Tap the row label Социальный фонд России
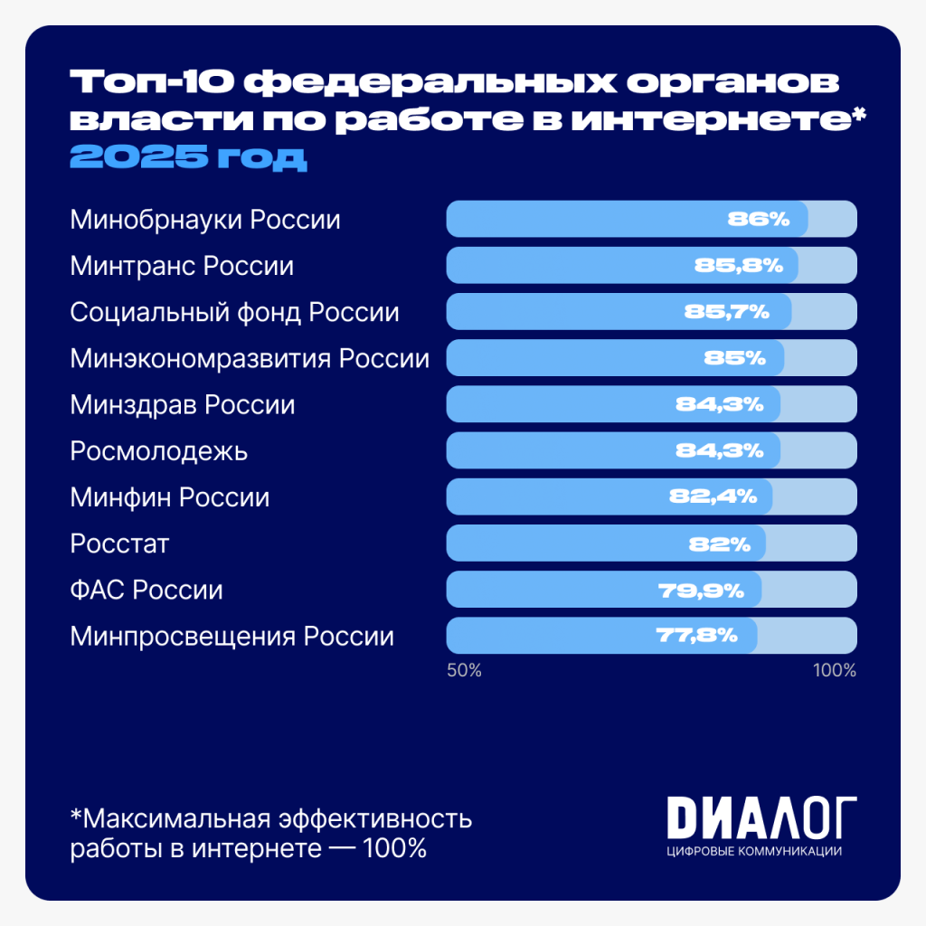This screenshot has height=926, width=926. click(x=235, y=313)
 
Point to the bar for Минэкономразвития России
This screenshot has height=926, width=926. click(x=615, y=358)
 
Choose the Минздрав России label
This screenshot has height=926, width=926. click(x=183, y=405)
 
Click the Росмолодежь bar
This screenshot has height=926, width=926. click(x=613, y=450)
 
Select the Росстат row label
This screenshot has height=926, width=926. click(x=120, y=544)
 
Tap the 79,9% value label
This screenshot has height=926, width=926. click(x=701, y=591)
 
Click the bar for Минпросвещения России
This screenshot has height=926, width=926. click(x=601, y=636)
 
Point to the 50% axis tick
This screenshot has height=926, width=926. click(x=464, y=671)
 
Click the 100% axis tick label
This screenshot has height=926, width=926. click(x=834, y=671)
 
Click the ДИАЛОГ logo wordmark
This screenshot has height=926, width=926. click(x=761, y=818)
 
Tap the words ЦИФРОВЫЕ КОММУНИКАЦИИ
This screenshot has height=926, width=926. click(x=753, y=852)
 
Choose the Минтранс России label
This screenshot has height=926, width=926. click(x=182, y=267)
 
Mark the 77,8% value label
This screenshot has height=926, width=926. click(x=694, y=636)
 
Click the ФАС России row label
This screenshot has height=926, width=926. click(x=146, y=591)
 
